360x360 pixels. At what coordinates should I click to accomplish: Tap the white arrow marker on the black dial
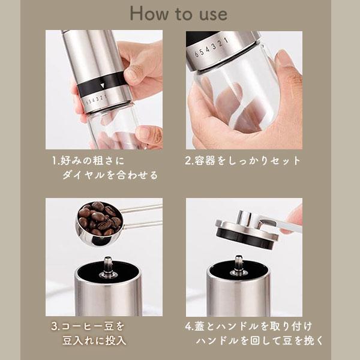[x=101, y=85]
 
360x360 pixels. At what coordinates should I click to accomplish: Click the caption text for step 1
[x=105, y=168]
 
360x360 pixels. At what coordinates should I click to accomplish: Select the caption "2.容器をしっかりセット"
[x=242, y=161]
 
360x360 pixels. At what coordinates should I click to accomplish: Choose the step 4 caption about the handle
[x=254, y=334]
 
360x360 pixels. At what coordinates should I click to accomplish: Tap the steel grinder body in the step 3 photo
[x=108, y=294]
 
